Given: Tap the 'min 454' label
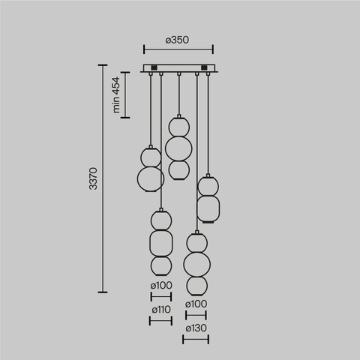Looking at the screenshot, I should (118, 95).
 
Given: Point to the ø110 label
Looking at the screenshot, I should (160, 309).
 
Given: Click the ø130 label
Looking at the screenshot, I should (196, 328).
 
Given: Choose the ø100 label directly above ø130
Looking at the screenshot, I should (196, 303).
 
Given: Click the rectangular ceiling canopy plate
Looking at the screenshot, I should (178, 69).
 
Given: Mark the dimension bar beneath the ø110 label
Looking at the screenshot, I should (160, 321).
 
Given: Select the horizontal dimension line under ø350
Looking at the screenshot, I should (178, 52).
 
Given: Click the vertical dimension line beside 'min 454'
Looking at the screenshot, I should (125, 95).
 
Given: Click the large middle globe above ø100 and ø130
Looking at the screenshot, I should (196, 264).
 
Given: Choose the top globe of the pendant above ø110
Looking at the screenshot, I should (160, 219).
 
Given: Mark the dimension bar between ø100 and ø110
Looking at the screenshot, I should (160, 296).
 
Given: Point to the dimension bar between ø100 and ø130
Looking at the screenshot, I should (196, 315).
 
